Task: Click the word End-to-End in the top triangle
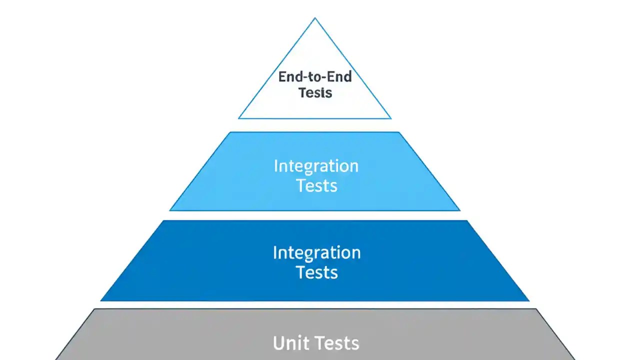(315, 77)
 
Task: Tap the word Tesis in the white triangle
(315, 92)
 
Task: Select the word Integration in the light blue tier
(316, 166)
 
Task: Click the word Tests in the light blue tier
(316, 185)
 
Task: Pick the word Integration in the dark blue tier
(316, 252)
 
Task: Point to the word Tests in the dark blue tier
(316, 272)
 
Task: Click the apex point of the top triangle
(315, 18)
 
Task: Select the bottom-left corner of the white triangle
(238, 118)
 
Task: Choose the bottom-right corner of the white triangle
(391, 118)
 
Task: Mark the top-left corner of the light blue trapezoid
(230, 132)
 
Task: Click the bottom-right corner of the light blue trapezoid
(459, 210)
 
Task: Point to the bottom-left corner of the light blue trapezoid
(170, 210)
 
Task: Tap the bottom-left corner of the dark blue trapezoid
(101, 301)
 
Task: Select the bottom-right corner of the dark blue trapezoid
(529, 301)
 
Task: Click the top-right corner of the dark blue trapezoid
(467, 220)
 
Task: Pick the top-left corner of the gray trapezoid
(94, 309)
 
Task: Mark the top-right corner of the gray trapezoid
(535, 309)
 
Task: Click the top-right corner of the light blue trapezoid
(399, 132)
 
